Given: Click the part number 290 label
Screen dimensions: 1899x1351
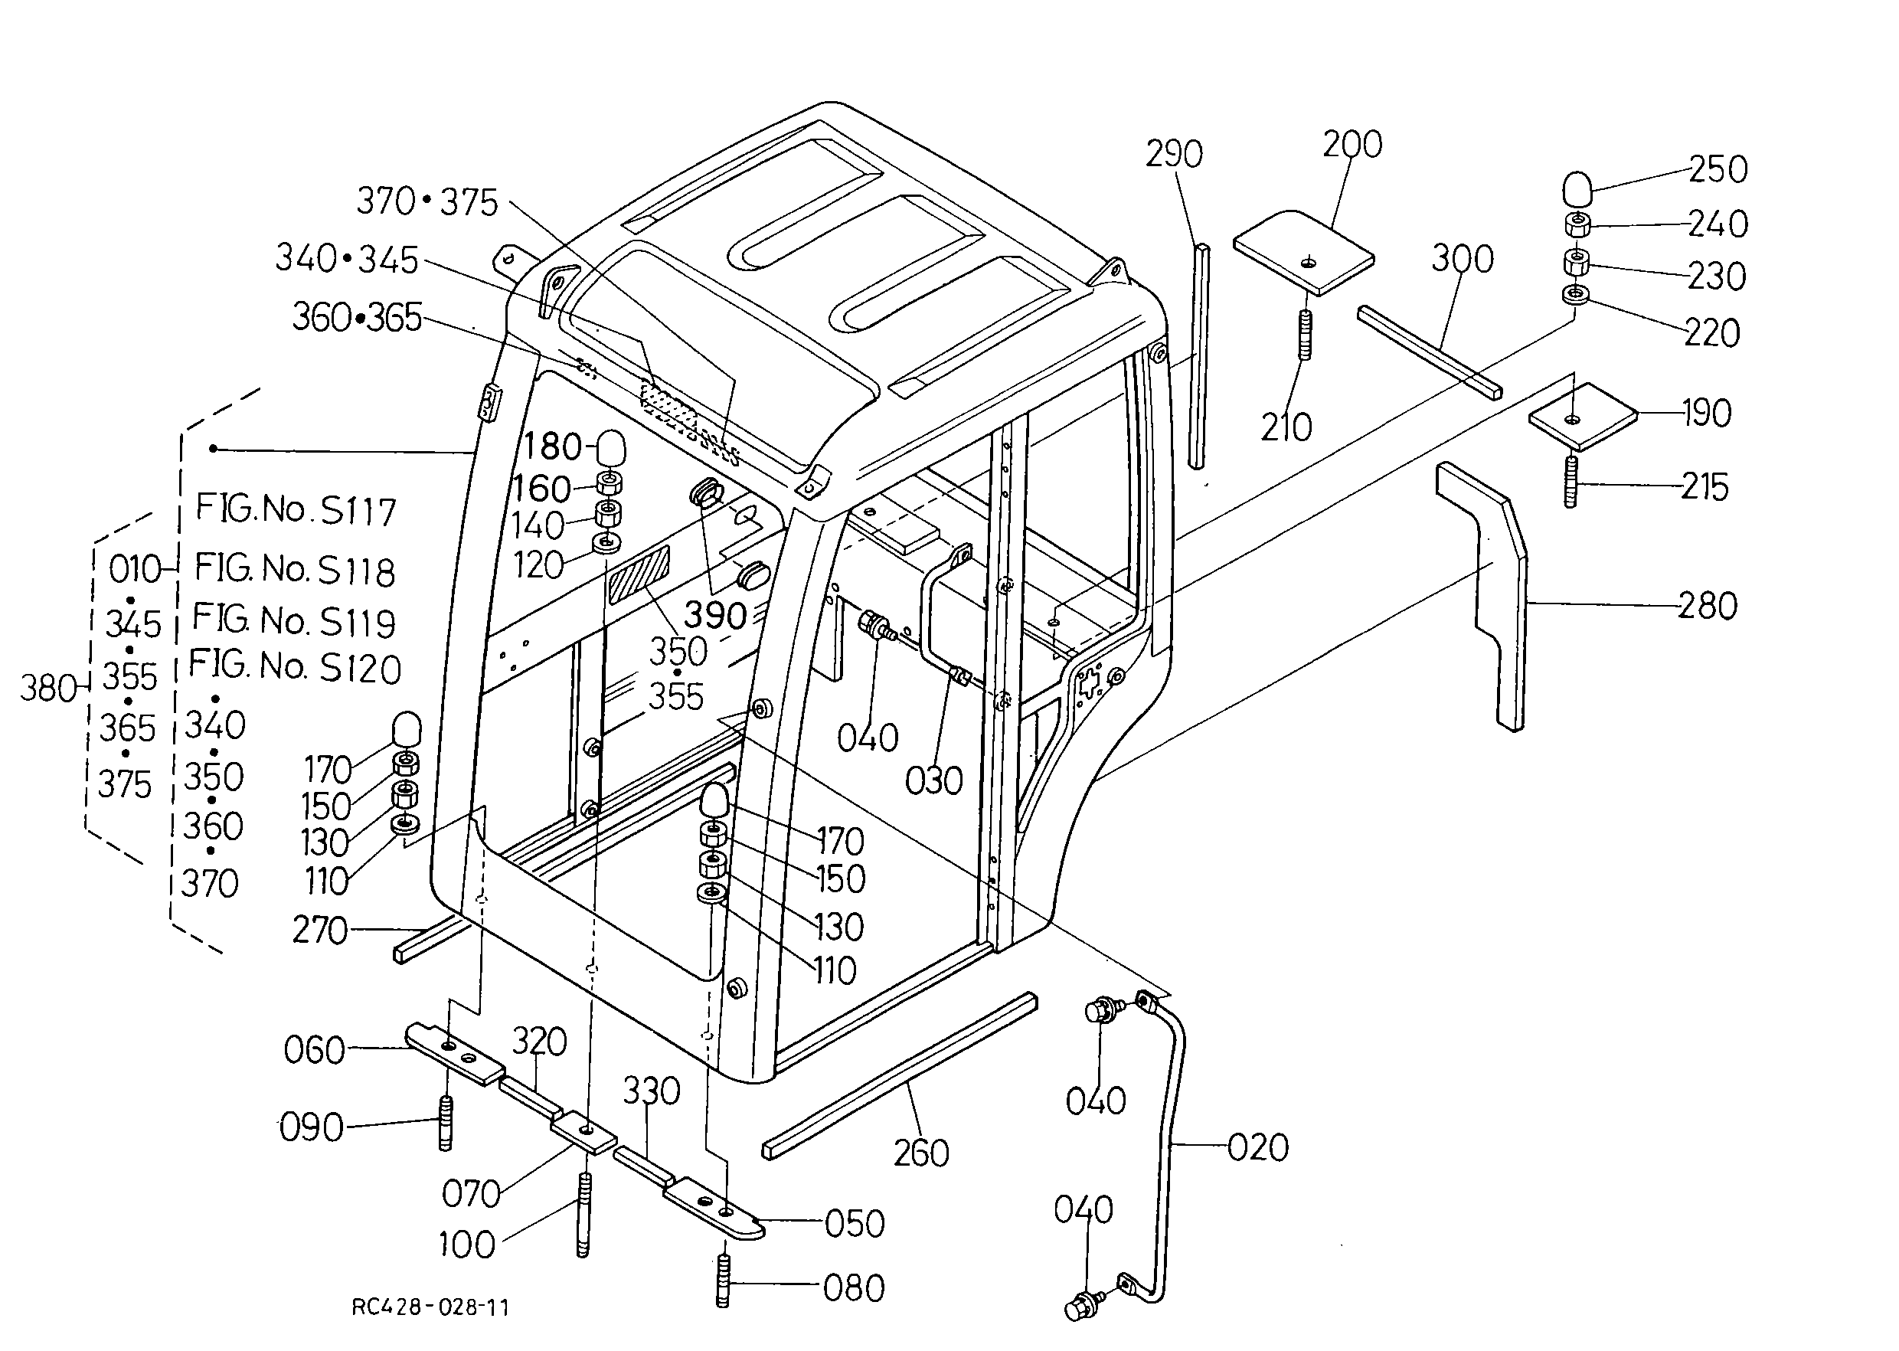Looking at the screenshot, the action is [x=1174, y=154].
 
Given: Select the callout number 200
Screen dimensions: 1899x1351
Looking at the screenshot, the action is [x=1352, y=145].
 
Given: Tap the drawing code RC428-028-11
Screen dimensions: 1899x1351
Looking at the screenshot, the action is [x=430, y=1307].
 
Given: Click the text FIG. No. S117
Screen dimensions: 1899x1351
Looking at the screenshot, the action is [x=296, y=509].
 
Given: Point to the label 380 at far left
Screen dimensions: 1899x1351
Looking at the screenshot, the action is [x=47, y=689].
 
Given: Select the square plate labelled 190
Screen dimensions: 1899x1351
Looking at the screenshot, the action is [x=1582, y=416].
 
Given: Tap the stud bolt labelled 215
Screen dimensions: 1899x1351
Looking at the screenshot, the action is [x=1571, y=481].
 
